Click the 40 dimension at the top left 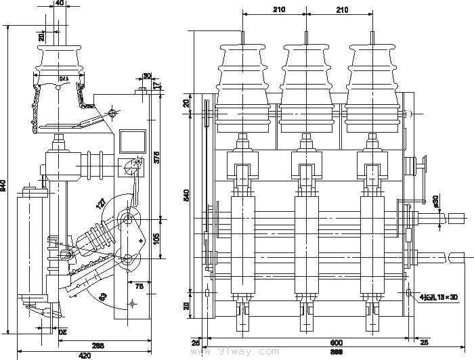coord(60,3)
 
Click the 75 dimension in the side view coord(139,286)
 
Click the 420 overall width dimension coord(84,354)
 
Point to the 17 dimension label coord(157,85)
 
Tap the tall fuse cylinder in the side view coord(28,244)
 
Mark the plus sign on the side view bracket coord(140,240)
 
